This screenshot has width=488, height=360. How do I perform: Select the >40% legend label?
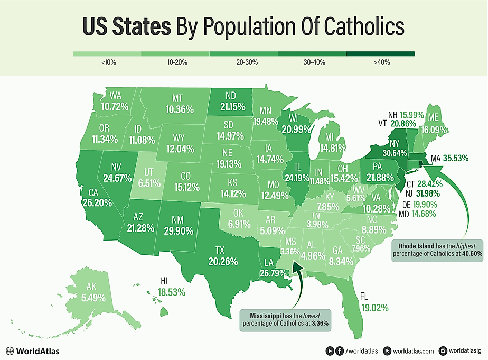(380, 63)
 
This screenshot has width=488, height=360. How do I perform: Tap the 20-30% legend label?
(244, 63)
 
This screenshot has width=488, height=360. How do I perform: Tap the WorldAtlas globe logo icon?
(10, 351)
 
